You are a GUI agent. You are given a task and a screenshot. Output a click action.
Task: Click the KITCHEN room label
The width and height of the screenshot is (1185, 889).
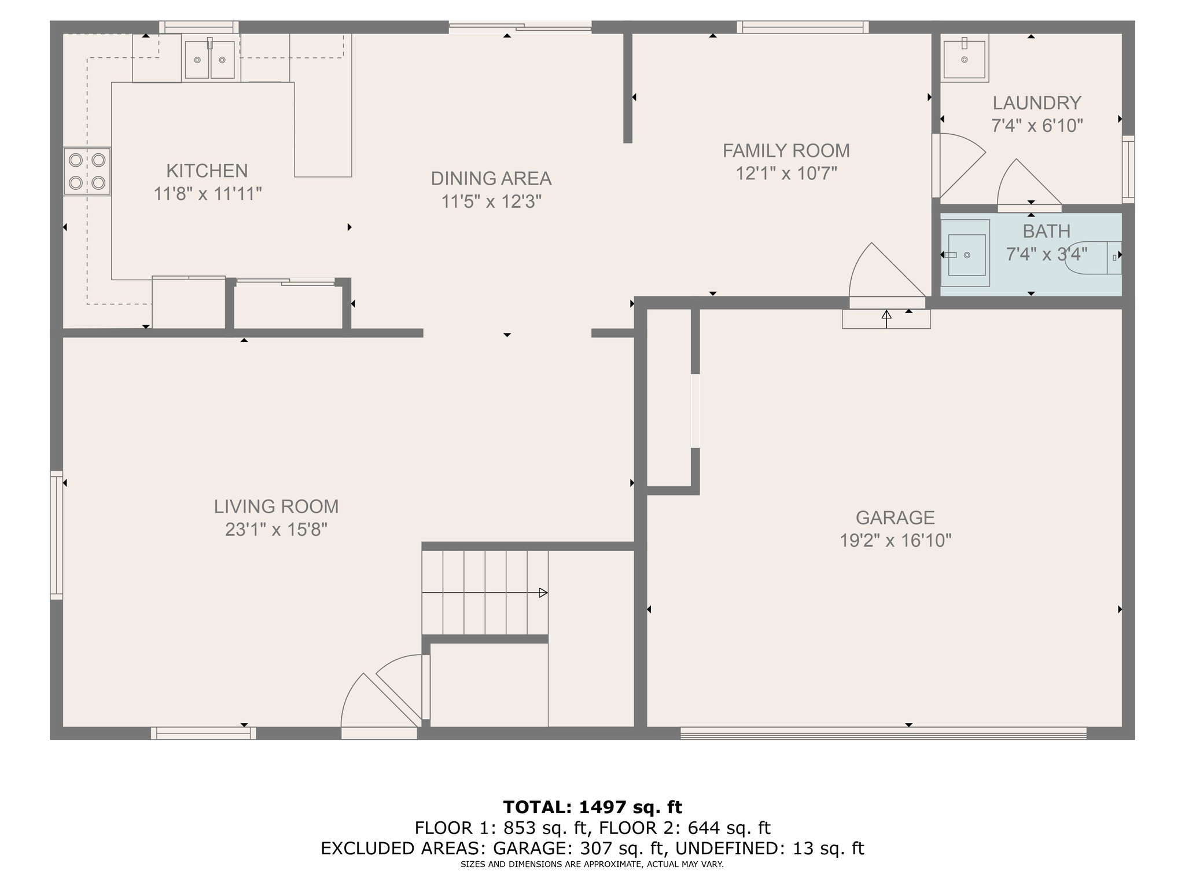point(207,171)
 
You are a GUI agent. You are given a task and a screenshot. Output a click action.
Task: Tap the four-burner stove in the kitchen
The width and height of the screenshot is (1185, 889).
point(87,171)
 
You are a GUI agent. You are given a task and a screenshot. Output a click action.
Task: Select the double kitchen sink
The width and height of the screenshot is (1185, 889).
point(210,59)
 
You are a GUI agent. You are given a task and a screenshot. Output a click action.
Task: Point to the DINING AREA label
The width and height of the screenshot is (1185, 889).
point(491,178)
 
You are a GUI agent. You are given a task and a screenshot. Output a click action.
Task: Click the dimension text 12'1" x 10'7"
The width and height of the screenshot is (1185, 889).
point(786,173)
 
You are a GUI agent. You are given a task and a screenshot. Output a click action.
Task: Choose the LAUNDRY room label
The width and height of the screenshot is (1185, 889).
point(1037,103)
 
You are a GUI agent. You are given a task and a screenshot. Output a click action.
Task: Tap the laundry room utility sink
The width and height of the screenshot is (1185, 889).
point(965,57)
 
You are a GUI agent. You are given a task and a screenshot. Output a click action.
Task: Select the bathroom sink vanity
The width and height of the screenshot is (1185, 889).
point(965,254)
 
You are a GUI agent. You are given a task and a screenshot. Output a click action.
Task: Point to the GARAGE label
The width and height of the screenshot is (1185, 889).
point(895,517)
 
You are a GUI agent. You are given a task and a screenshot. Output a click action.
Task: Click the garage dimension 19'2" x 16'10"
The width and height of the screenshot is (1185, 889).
point(896,541)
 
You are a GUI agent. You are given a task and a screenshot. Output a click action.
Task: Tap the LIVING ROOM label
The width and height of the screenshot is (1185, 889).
point(277,506)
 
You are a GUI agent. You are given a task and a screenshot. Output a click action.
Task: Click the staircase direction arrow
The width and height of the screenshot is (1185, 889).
point(485,593)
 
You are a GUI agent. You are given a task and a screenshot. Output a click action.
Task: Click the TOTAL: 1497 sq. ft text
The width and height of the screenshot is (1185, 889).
point(592,807)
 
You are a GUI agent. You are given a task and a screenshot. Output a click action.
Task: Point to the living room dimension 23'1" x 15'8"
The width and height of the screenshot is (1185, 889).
point(277,530)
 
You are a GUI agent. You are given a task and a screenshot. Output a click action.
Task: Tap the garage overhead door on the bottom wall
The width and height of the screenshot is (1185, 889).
point(884,734)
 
